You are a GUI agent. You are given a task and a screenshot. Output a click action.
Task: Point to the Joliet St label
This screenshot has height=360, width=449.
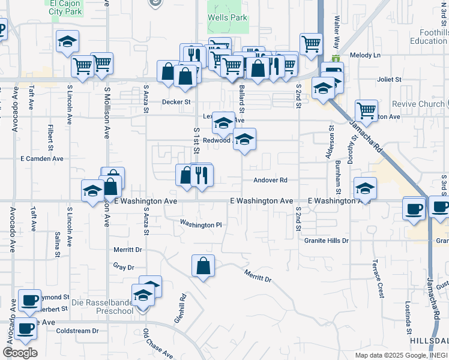coord(389,79)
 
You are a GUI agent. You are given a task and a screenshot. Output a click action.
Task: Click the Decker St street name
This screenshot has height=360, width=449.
coord(176,102)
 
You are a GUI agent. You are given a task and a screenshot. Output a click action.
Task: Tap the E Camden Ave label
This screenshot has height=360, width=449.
coord(42,159)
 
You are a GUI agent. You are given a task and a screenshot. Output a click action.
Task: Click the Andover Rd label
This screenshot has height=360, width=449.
coord(271,180)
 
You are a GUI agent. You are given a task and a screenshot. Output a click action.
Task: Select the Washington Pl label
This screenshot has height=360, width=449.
coord(202,224)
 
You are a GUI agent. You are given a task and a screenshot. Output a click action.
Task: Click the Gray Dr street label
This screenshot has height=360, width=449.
coord(123,266)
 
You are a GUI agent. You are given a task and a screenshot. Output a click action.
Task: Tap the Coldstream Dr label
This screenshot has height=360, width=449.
coord(77,331)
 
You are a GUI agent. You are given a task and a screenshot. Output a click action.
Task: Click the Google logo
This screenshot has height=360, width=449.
coord(20,352)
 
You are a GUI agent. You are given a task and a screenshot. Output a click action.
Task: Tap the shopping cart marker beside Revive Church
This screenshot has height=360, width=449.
coord(366,111)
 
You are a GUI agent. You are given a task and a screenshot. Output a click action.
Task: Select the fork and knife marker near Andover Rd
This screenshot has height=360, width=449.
coord(202,175)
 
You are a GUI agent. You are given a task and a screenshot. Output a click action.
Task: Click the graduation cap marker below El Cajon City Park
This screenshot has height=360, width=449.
coord(67,41)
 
